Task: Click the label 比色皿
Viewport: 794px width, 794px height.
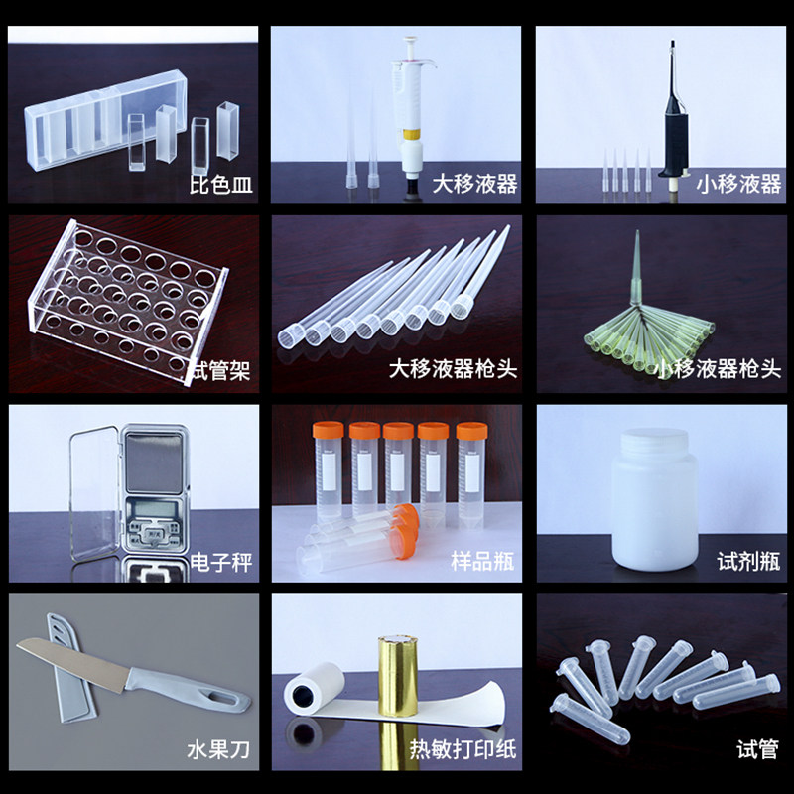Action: (x=221, y=184)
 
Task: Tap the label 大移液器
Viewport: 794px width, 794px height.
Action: (x=474, y=184)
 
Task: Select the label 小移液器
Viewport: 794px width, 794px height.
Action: (x=738, y=184)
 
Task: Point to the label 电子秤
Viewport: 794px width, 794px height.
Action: (x=221, y=563)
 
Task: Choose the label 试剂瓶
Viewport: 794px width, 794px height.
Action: (x=748, y=563)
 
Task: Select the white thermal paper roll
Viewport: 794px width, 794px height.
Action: (x=314, y=691)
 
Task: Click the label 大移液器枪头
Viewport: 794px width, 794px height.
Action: (x=453, y=370)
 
